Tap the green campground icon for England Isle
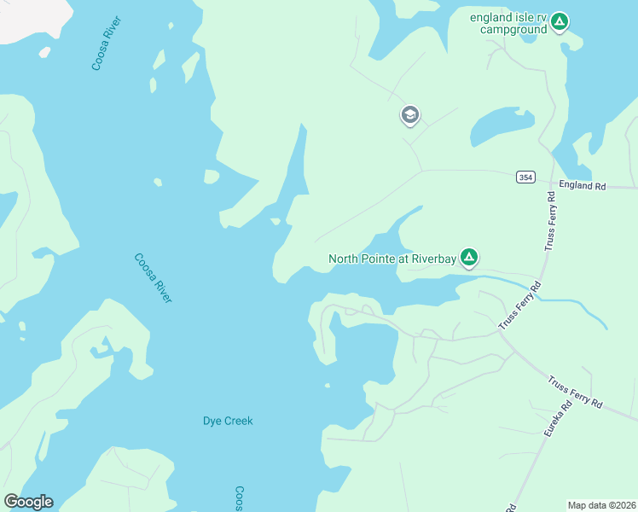[559, 20]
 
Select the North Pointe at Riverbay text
[392, 259]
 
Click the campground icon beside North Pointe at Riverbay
[468, 256]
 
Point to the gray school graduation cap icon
[410, 115]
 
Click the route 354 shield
[525, 177]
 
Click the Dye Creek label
[228, 421]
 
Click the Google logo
[28, 502]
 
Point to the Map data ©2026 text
[600, 505]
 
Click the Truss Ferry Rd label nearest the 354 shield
[550, 221]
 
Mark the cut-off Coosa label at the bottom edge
[240, 499]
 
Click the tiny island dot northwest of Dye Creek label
[327, 386]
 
